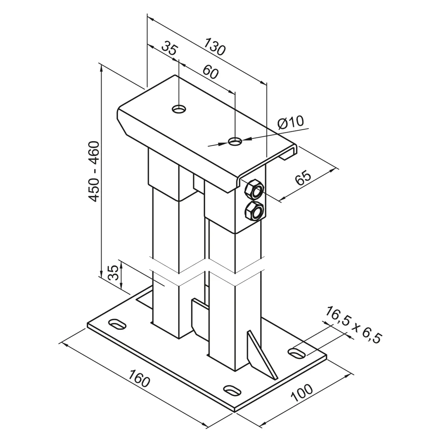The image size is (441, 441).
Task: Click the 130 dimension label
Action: click(215, 47)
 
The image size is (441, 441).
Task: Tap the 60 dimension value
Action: click(210, 72)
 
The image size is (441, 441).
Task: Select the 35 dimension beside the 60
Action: click(170, 48)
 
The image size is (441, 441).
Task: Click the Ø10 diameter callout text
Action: click(291, 122)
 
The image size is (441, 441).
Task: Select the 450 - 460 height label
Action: click(94, 172)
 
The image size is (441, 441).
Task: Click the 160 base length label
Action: click(140, 378)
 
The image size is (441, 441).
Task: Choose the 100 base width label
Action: click(302, 393)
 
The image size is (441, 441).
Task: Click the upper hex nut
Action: click(254, 189)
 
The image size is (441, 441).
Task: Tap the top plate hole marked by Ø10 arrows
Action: click(235, 141)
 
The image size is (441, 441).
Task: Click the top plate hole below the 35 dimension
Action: click(179, 109)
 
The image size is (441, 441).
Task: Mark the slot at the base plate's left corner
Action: click(117, 323)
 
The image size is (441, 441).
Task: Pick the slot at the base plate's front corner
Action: click(232, 391)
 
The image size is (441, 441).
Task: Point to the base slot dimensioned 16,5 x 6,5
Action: click(297, 353)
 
